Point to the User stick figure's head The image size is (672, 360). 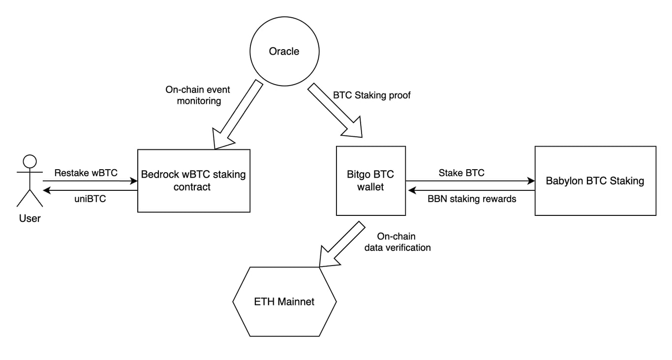(30, 162)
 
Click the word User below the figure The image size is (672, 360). (30, 218)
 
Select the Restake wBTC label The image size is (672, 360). (86, 173)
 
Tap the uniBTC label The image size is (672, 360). (90, 199)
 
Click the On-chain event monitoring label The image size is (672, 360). (198, 95)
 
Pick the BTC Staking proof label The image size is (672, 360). (372, 95)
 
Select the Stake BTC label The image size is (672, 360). (461, 173)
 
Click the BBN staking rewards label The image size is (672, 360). (472, 199)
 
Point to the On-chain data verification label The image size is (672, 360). (397, 242)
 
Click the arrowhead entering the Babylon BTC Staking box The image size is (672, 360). (531, 181)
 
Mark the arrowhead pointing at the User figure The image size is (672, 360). (47, 190)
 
